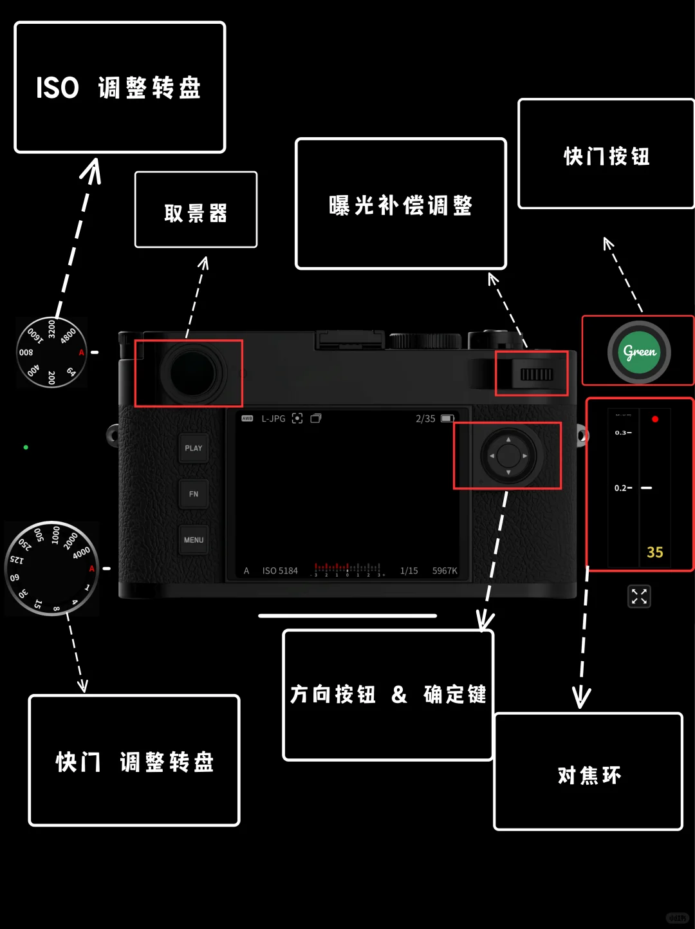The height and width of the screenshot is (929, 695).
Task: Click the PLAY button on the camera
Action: pyautogui.click(x=194, y=448)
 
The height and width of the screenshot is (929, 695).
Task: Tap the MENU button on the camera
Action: pyautogui.click(x=194, y=540)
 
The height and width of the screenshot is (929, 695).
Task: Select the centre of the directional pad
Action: pyautogui.click(x=508, y=456)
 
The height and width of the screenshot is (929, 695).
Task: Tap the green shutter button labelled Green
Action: pyautogui.click(x=639, y=352)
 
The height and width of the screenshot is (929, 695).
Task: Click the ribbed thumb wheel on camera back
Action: pyautogui.click(x=536, y=375)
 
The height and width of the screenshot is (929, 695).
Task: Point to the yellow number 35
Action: pyautogui.click(x=655, y=552)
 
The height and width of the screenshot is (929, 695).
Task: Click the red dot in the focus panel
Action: pyautogui.click(x=655, y=419)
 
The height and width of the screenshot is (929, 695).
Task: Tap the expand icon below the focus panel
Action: pyautogui.click(x=639, y=596)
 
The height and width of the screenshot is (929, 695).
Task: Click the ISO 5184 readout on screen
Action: pyautogui.click(x=280, y=570)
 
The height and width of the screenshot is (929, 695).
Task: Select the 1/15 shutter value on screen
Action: pyautogui.click(x=409, y=570)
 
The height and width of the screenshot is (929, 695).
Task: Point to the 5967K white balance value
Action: pyautogui.click(x=445, y=570)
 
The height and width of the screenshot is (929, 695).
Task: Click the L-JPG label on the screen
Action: pyautogui.click(x=273, y=418)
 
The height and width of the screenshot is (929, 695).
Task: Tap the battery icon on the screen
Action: pyautogui.click(x=447, y=418)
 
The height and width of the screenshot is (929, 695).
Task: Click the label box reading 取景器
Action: pyautogui.click(x=196, y=210)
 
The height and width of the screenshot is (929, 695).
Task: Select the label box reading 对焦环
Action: pyautogui.click(x=588, y=771)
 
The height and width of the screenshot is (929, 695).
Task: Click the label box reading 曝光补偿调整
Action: pyautogui.click(x=400, y=203)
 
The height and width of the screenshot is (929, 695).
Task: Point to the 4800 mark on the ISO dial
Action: pyautogui.click(x=68, y=335)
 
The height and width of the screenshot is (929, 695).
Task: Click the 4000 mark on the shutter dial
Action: pyautogui.click(x=81, y=553)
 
